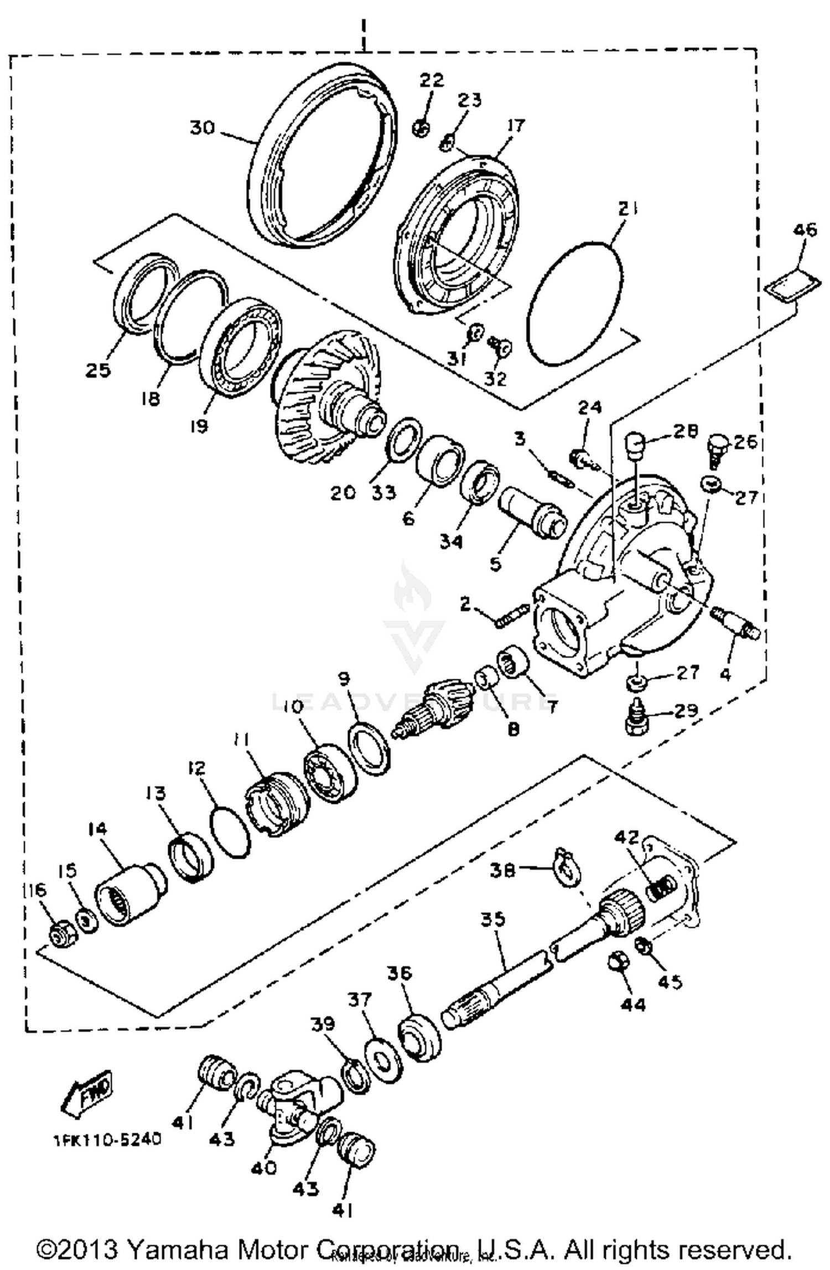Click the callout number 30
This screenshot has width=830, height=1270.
[x=202, y=128]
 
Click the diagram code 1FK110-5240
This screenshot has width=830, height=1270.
[x=107, y=1139]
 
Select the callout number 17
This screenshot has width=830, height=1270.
[x=515, y=126]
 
